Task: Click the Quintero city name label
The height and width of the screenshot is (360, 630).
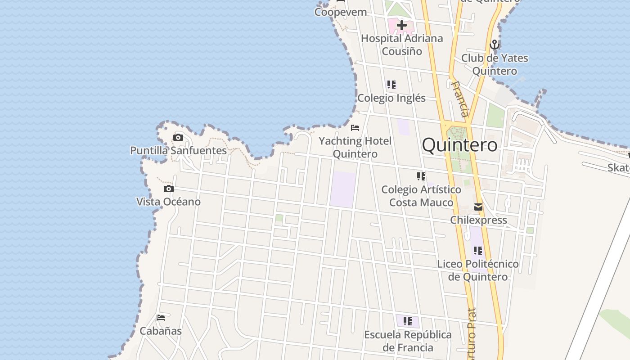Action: (460, 145)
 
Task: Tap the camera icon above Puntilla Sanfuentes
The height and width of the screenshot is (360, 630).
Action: (178, 137)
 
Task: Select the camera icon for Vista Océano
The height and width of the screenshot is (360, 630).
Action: (169, 189)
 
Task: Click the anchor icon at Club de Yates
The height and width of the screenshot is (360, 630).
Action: (495, 45)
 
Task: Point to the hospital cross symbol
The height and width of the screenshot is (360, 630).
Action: (401, 25)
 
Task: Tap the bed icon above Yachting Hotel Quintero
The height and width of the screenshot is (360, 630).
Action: (355, 128)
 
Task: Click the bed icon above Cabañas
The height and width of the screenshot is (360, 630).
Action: (161, 318)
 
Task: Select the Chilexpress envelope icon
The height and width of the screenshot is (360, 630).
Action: (478, 207)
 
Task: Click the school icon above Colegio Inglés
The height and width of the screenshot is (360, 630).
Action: (391, 84)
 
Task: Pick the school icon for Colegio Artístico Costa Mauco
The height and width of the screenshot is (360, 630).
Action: (421, 176)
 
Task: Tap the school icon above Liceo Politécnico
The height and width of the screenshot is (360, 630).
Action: (477, 250)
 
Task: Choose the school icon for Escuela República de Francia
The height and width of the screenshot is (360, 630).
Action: (408, 321)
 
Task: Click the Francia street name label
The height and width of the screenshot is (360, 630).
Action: (461, 99)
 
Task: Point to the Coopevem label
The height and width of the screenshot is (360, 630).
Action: (341, 12)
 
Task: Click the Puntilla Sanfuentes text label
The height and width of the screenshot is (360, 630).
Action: (179, 150)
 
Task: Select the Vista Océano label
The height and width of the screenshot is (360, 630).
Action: (169, 202)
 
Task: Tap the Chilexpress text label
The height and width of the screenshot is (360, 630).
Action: (479, 220)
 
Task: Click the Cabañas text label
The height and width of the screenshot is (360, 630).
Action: (161, 331)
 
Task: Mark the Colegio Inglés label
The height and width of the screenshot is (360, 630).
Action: (391, 98)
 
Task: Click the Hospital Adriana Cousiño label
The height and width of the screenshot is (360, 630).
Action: (402, 45)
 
